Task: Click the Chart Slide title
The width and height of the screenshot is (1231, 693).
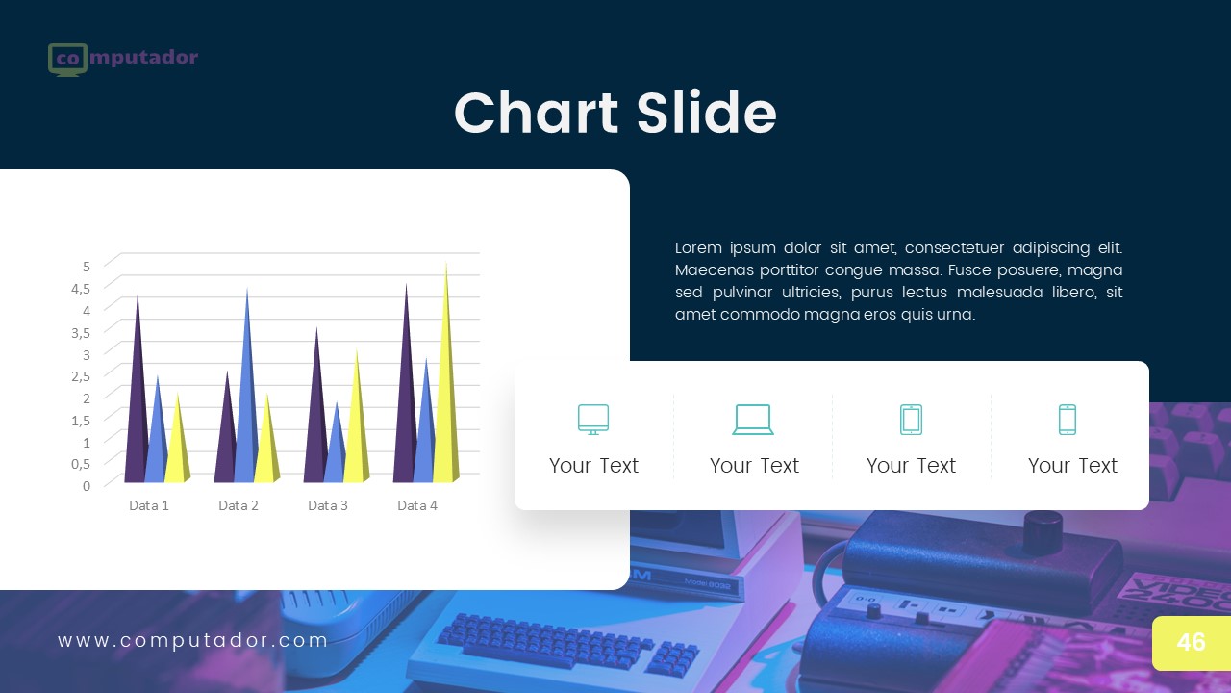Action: click(x=615, y=113)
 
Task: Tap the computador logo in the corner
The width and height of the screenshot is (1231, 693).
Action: click(x=122, y=59)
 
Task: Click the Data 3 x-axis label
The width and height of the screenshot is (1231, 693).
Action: click(x=328, y=505)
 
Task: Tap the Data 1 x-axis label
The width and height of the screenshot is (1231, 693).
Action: click(x=149, y=505)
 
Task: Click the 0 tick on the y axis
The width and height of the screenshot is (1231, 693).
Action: click(x=87, y=485)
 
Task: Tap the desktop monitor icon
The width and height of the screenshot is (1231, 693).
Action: click(x=593, y=420)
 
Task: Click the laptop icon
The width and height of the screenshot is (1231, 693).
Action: click(x=753, y=420)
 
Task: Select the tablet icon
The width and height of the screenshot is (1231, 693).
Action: click(x=911, y=420)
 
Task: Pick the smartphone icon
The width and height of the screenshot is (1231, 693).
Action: click(x=1068, y=420)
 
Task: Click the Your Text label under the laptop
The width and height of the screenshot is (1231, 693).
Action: click(x=754, y=466)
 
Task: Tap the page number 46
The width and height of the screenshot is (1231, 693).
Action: click(x=1191, y=642)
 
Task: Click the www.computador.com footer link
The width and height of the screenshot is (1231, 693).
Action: click(x=193, y=641)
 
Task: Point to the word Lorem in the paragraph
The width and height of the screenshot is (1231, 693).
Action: click(x=697, y=248)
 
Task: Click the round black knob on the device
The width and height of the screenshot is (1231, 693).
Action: click(x=1042, y=527)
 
